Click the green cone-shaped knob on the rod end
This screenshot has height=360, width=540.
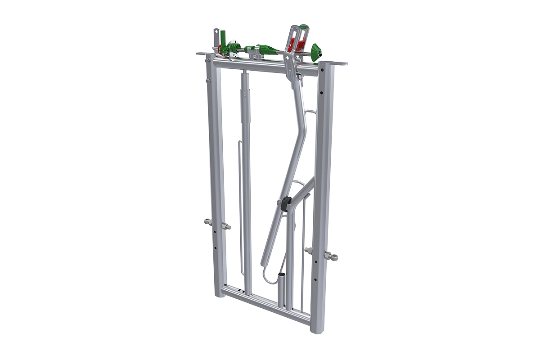(316, 52)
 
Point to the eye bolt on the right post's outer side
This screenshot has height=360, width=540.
(332, 256)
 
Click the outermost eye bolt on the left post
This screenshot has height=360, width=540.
(207, 221)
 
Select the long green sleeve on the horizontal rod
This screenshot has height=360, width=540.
(268, 49)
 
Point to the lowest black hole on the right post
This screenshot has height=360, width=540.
(315, 279)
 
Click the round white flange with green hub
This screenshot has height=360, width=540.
(232, 47)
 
